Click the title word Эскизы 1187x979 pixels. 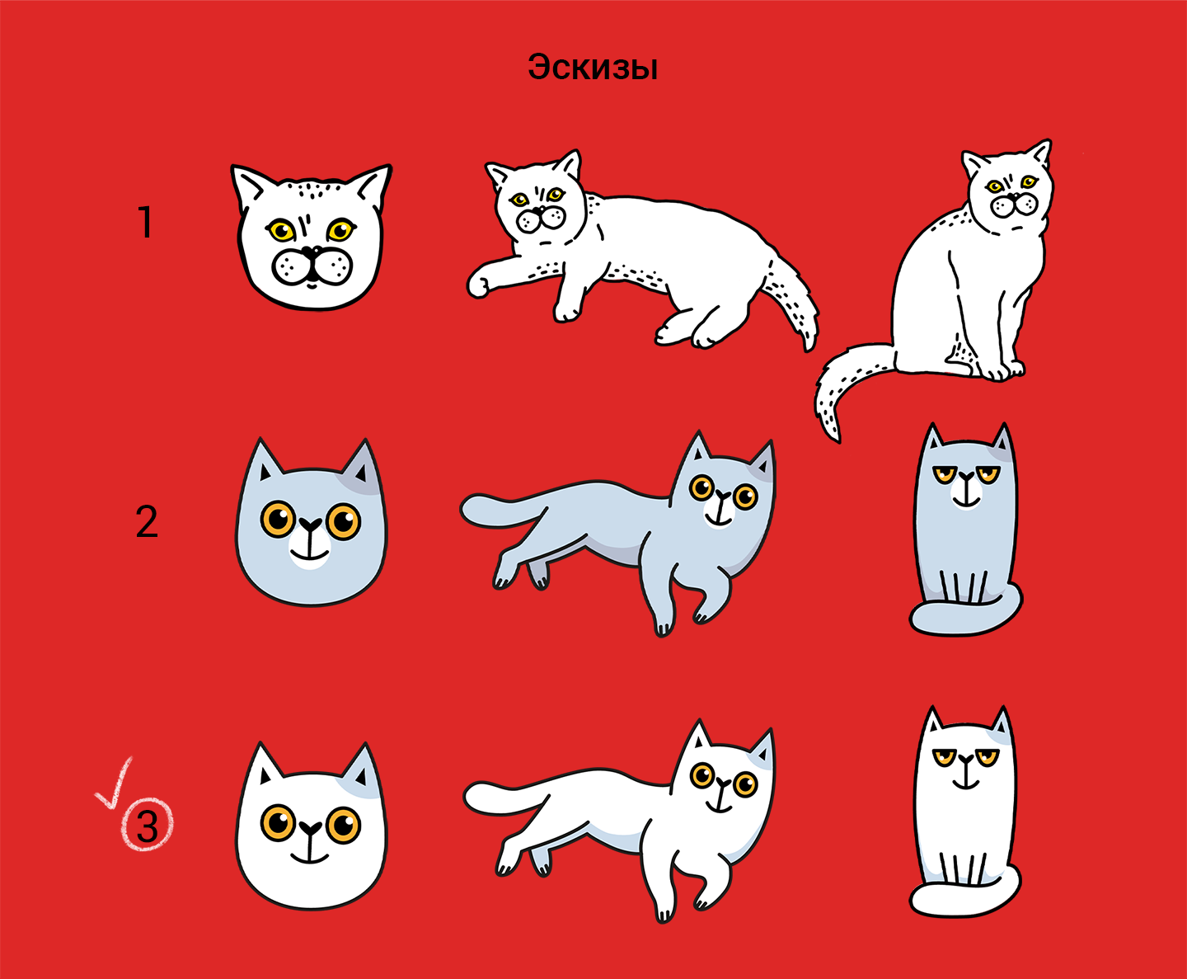[x=593, y=68]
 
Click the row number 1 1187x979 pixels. [x=146, y=222]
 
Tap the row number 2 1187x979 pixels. [x=147, y=521]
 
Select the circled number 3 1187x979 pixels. [x=148, y=825]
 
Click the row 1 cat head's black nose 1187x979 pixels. [x=311, y=252]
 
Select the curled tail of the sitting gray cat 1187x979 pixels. [x=966, y=615]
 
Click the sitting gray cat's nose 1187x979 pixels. [x=966, y=475]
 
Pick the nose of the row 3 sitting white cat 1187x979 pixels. [x=966, y=759]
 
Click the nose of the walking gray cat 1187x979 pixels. [x=722, y=495]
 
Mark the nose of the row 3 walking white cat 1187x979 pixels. [x=722, y=784]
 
